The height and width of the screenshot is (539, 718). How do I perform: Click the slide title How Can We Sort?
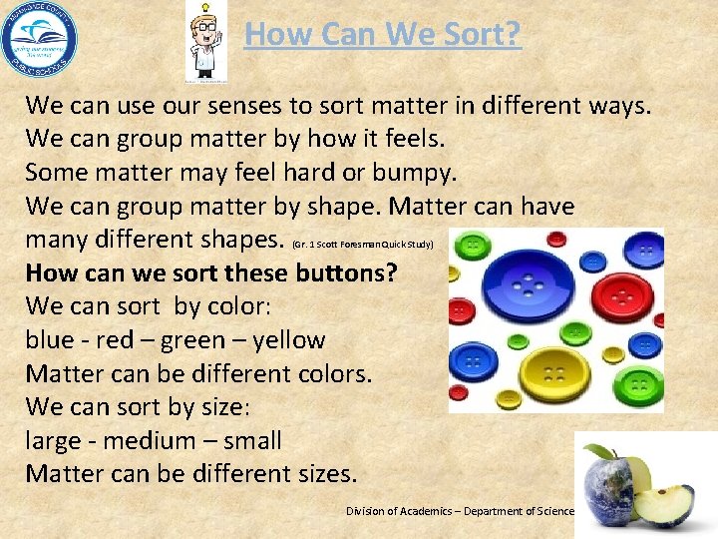pos(382,34)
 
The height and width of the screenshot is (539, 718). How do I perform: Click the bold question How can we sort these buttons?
pos(210,272)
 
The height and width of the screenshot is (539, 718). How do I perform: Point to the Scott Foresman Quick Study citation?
pos(362,244)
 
